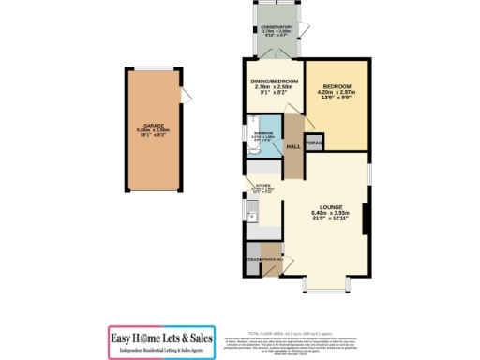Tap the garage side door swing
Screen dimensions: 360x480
pyautogui.click(x=187, y=95)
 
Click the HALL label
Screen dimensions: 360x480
pyautogui.click(x=292, y=147)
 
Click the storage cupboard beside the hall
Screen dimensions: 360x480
pyautogui.click(x=314, y=143)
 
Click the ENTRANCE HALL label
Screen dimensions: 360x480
pyautogui.click(x=262, y=258)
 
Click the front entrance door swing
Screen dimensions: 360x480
pyautogui.click(x=273, y=272)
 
